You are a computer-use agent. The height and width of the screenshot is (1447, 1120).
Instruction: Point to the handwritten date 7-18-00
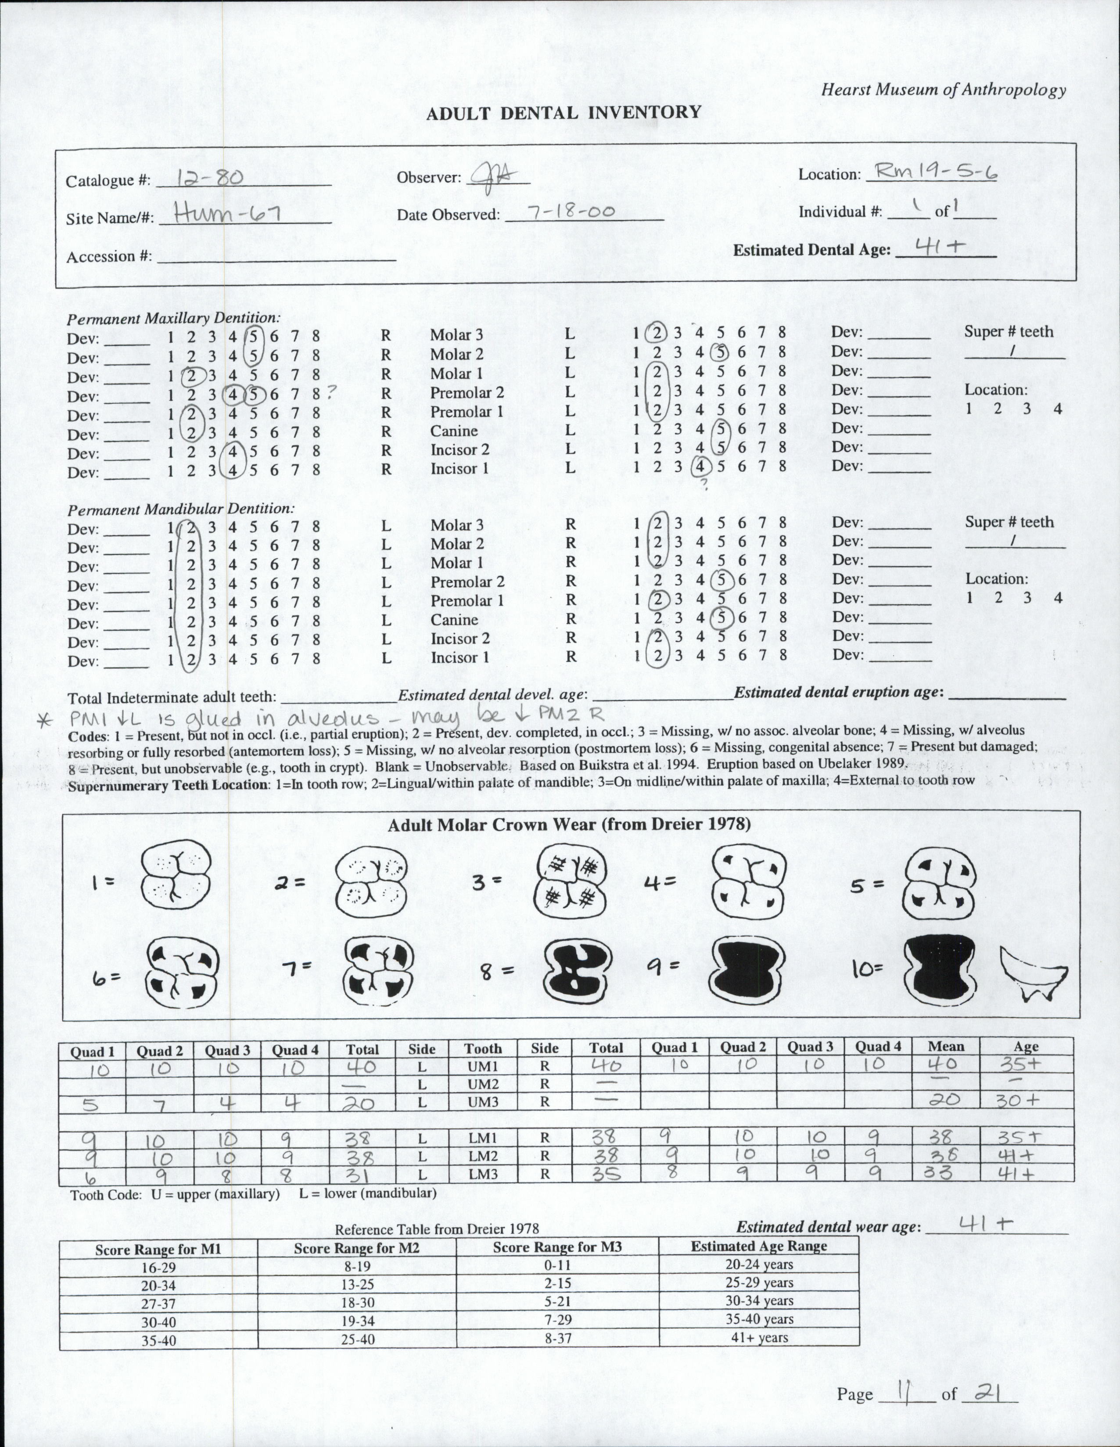click(x=570, y=212)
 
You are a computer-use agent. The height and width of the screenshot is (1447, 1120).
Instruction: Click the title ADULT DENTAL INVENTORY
click(x=564, y=113)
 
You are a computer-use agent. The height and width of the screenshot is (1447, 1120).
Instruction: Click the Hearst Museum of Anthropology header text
click(x=944, y=90)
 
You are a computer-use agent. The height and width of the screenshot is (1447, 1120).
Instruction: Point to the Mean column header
click(x=945, y=1046)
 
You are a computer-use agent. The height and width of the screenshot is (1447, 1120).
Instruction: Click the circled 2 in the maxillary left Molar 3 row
click(x=657, y=332)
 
